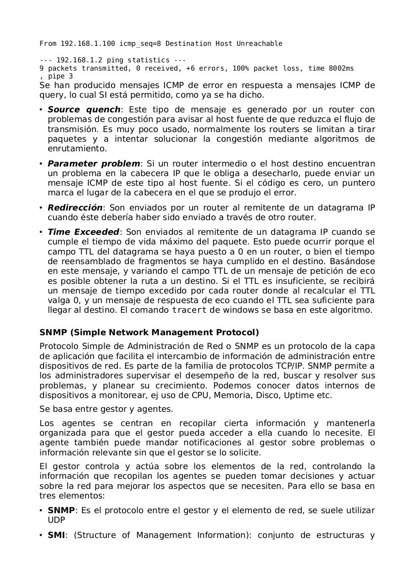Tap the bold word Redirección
pos(75,208)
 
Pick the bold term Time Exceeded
pos(83,232)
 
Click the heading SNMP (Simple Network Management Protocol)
pos(149,332)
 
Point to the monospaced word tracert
pos(189,310)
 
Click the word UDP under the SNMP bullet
pos(56,520)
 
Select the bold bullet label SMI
pos(56,535)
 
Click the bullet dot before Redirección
pos(41,208)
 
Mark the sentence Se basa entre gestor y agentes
pos(106,409)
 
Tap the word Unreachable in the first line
pos(259,44)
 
